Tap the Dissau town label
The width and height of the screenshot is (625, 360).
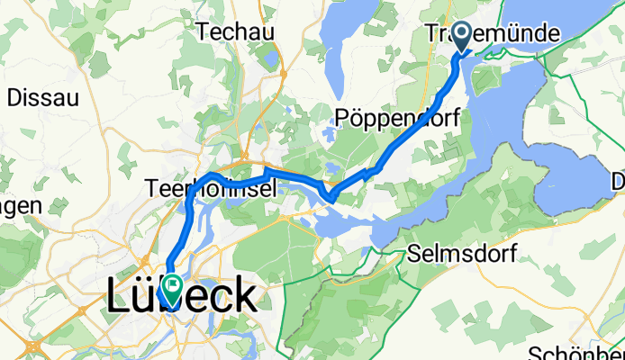(43, 97)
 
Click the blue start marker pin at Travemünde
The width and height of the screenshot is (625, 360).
(462, 37)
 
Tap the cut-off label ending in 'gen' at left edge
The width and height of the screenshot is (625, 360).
(20, 206)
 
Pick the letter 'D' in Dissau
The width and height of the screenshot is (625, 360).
(14, 97)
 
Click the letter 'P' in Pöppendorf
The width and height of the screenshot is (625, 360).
(343, 117)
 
